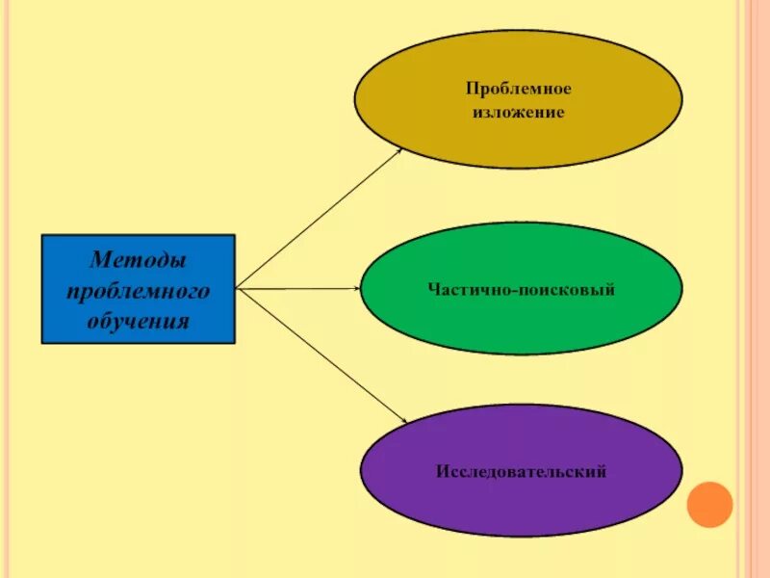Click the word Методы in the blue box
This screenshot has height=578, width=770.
pos(139,260)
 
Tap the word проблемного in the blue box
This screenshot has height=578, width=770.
pos(139,290)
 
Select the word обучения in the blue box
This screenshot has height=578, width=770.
pos(139,319)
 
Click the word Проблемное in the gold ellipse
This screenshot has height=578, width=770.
pos(518,89)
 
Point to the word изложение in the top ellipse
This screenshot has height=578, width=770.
pos(518,113)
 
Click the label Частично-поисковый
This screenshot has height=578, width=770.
pos(521,289)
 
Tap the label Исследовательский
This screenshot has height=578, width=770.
pos(521,472)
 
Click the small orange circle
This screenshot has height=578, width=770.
pos(710,505)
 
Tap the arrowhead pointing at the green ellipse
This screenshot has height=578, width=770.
pos(355,288)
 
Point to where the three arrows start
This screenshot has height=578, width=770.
pos(237,288)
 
